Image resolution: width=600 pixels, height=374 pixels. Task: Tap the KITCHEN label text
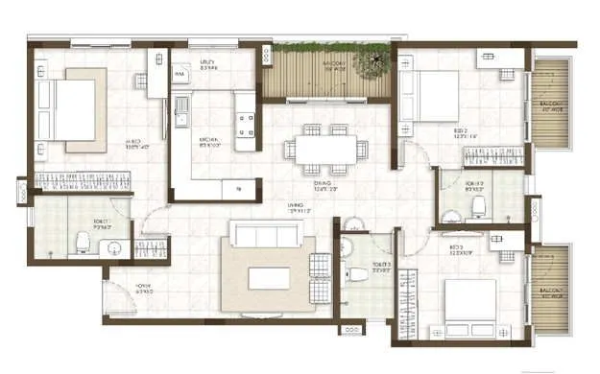click(x=184, y=141)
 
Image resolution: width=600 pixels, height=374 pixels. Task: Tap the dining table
click(x=325, y=148)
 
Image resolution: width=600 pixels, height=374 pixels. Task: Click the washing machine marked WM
click(x=180, y=73)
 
